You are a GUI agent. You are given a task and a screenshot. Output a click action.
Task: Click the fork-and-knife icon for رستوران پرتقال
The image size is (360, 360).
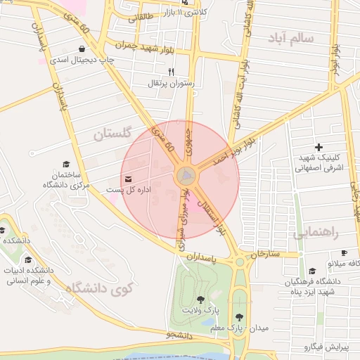(170, 72)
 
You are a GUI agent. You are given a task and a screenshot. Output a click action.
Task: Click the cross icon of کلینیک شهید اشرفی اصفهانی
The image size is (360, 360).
(319, 147)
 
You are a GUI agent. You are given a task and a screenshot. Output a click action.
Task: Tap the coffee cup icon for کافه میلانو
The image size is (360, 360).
(344, 252)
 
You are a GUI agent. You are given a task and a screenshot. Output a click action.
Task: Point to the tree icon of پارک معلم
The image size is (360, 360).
(240, 316)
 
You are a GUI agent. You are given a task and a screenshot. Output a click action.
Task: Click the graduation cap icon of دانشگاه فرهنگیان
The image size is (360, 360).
(311, 271)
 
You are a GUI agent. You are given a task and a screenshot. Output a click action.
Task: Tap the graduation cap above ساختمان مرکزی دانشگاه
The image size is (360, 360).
(66, 162)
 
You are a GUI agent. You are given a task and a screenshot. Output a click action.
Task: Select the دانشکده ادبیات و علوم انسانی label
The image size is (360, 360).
(27, 276)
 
